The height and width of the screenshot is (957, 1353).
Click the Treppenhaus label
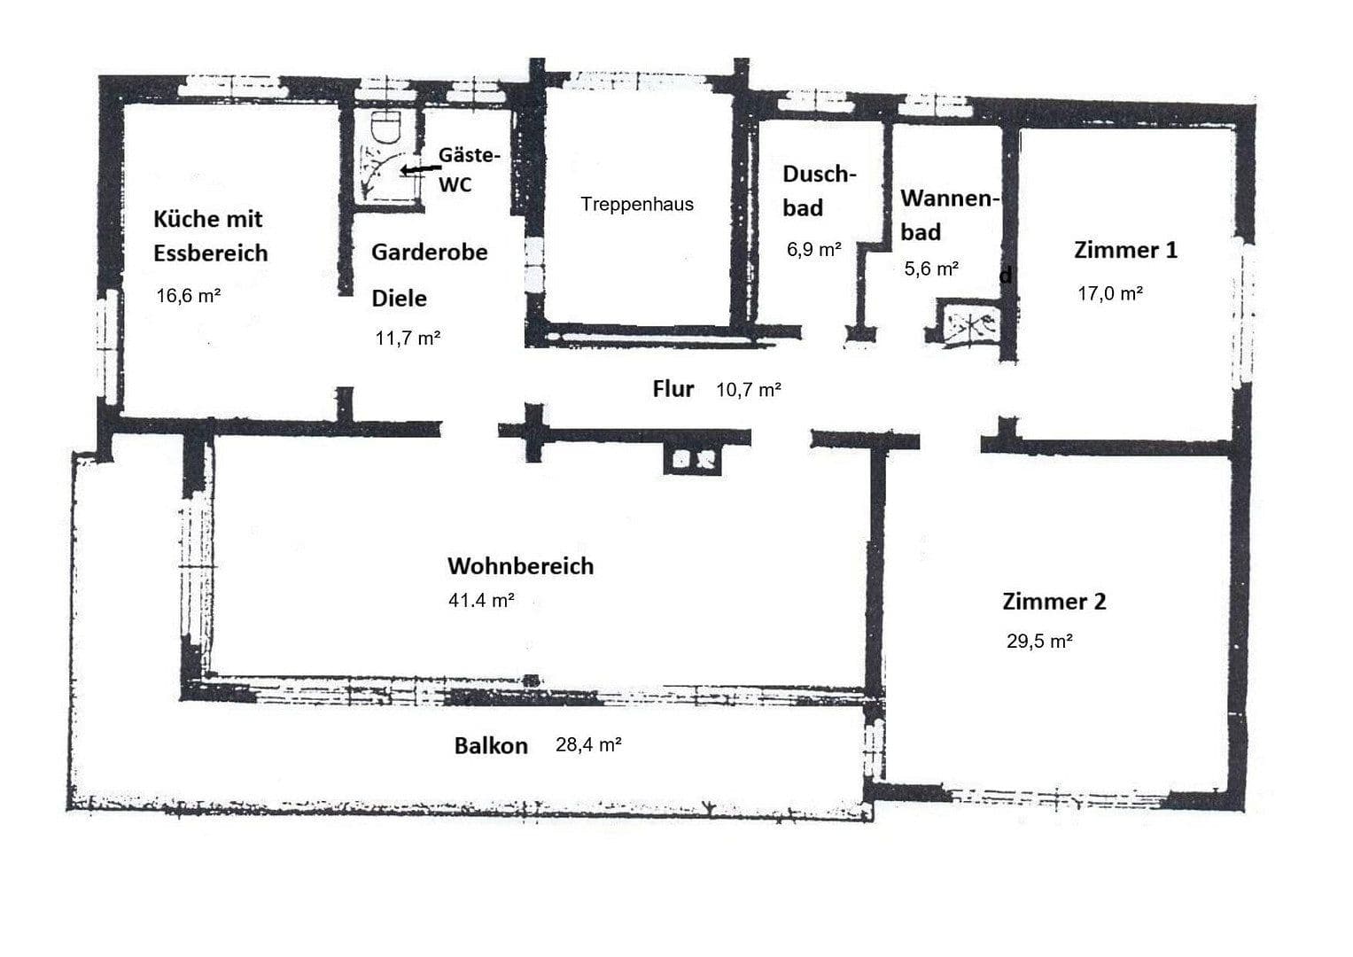pyautogui.click(x=636, y=204)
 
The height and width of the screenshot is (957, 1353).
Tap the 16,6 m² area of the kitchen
pyautogui.click(x=188, y=296)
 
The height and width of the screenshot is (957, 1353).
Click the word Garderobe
pyautogui.click(x=429, y=253)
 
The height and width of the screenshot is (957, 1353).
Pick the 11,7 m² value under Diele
pyautogui.click(x=408, y=338)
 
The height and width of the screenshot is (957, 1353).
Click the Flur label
pyautogui.click(x=673, y=388)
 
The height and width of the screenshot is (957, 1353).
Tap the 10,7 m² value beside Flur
pyautogui.click(x=748, y=389)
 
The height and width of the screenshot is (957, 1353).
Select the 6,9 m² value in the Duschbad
pyautogui.click(x=813, y=250)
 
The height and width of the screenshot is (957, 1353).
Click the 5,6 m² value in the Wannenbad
pyautogui.click(x=931, y=268)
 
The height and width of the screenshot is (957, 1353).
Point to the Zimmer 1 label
pyautogui.click(x=1125, y=250)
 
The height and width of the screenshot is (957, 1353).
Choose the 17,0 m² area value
pyautogui.click(x=1109, y=293)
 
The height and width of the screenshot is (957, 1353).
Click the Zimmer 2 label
pyautogui.click(x=1054, y=602)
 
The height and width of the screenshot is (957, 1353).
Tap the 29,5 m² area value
pyautogui.click(x=1039, y=642)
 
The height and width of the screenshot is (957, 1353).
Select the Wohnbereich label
pyautogui.click(x=520, y=566)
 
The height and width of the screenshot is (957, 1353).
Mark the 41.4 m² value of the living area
pyautogui.click(x=481, y=600)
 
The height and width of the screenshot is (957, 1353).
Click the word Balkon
pyautogui.click(x=491, y=746)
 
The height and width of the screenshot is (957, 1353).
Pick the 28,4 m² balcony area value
pyautogui.click(x=587, y=745)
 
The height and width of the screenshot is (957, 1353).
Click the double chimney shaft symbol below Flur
pyautogui.click(x=693, y=459)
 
